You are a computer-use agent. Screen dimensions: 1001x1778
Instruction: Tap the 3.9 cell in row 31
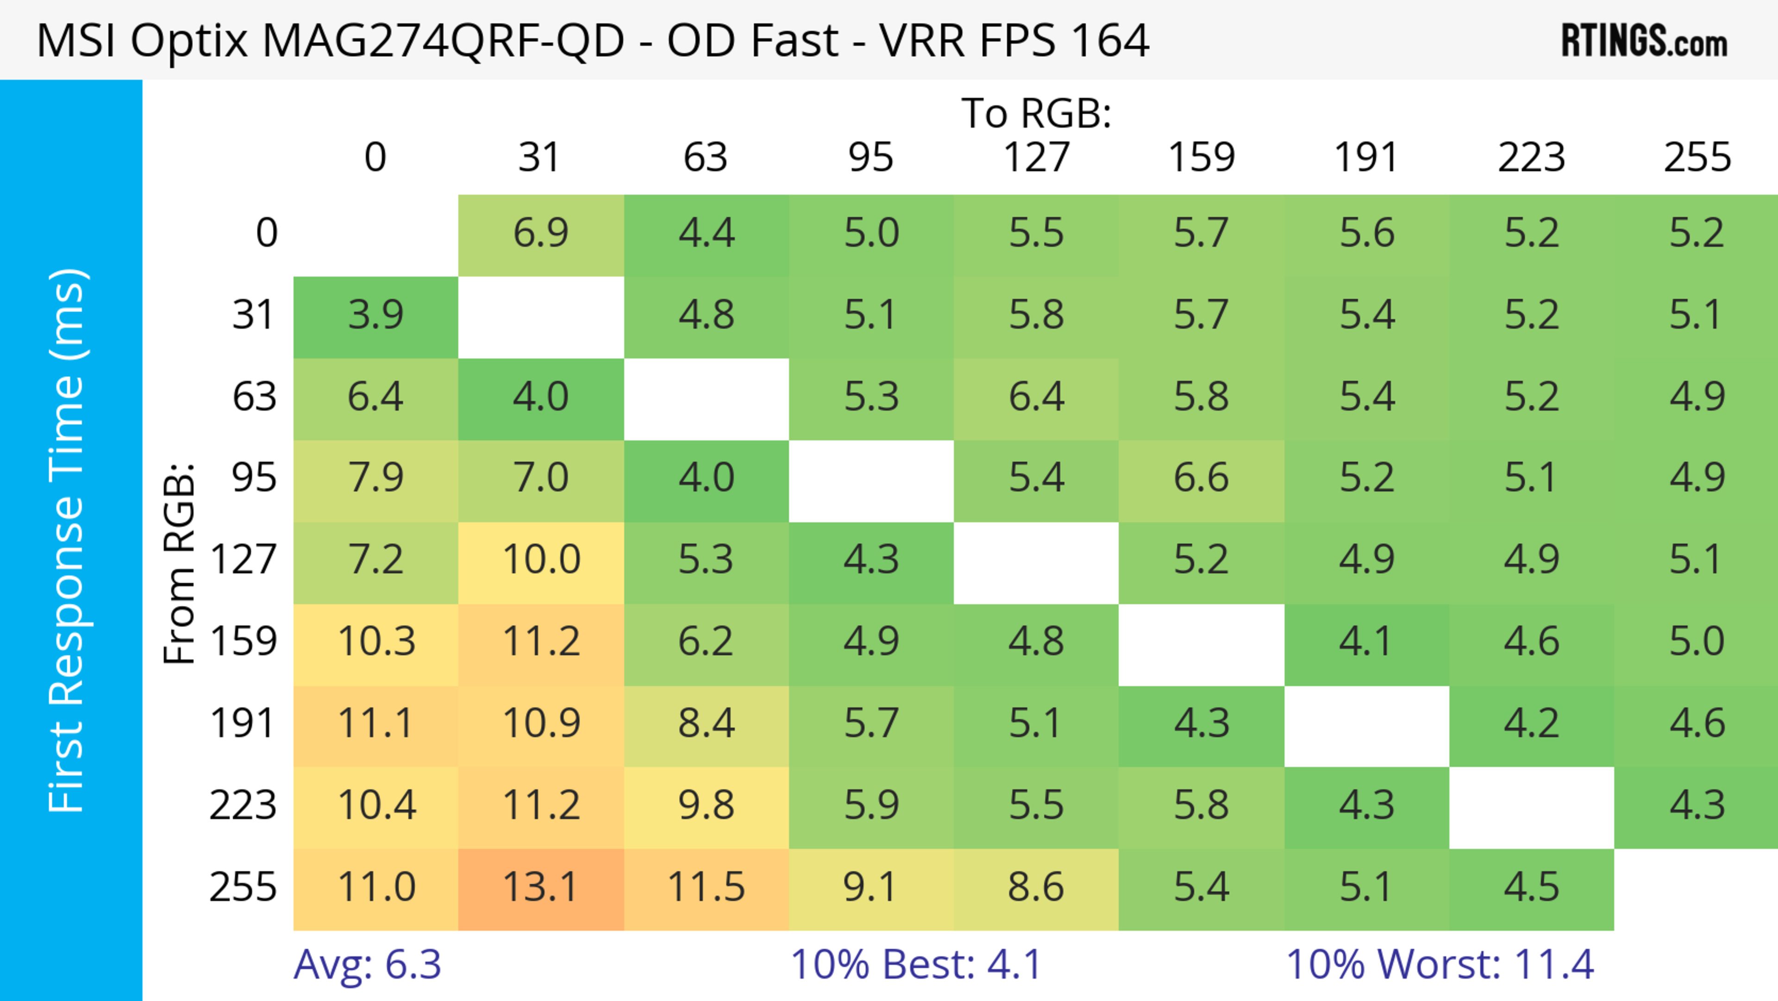point(376,315)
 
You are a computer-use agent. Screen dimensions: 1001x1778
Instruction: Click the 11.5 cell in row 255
point(706,888)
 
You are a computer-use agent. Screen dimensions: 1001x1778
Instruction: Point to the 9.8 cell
point(706,806)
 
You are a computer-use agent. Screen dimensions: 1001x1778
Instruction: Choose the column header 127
point(1036,158)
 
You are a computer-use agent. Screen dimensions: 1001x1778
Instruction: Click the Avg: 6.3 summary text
point(367,964)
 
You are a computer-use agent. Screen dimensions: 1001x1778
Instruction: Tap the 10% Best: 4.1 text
point(915,964)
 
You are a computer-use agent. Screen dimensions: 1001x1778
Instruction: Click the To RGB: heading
point(1036,113)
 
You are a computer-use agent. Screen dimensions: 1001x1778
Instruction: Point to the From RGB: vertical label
point(179,563)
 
